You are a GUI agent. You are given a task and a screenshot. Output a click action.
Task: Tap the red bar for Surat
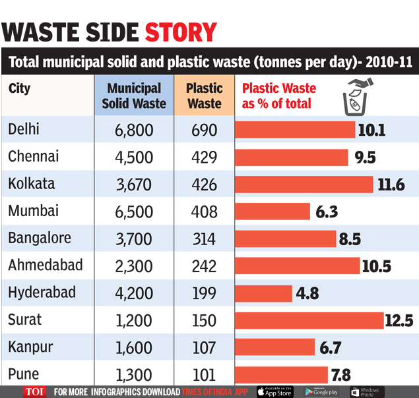(x=309, y=320)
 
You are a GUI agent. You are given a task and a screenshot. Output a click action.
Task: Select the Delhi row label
(x=24, y=129)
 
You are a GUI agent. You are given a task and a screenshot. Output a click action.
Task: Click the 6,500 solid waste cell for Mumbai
(x=133, y=212)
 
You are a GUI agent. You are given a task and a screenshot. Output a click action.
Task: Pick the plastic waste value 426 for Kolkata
(x=205, y=185)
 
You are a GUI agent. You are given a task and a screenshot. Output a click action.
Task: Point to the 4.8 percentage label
(x=307, y=293)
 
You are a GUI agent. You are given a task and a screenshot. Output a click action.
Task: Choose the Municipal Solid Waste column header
(x=134, y=96)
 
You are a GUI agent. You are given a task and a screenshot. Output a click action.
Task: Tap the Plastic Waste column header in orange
(x=205, y=96)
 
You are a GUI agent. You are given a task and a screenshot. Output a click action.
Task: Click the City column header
(x=20, y=88)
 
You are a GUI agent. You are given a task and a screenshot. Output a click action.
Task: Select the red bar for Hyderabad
(x=264, y=293)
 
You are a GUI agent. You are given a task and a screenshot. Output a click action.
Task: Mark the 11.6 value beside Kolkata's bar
(x=391, y=185)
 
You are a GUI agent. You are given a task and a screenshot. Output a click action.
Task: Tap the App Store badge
(x=274, y=391)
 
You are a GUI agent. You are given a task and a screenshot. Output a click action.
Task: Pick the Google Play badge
(x=322, y=391)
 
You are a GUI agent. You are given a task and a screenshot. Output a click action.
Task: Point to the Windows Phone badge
(x=367, y=391)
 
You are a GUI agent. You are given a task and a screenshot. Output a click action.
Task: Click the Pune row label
(x=23, y=375)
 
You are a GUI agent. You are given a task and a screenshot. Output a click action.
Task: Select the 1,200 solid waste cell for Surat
(x=133, y=321)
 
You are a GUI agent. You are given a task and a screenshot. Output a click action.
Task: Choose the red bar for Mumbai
(x=273, y=212)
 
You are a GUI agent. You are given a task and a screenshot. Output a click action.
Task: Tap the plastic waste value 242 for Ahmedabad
(x=205, y=266)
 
